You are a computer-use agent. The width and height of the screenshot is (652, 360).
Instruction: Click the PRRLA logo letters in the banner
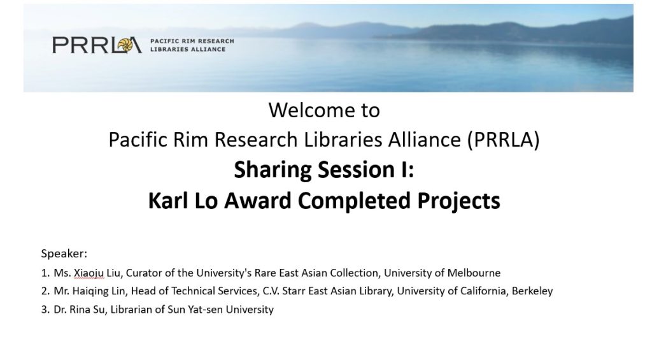[x=97, y=45]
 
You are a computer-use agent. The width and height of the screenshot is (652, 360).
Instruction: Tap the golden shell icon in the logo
[x=125, y=45]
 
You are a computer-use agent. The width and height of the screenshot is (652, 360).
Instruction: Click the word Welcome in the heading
[x=306, y=110]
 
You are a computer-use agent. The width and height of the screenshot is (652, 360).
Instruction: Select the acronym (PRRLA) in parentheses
[x=503, y=140]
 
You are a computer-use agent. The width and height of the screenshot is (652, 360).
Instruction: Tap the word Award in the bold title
[x=258, y=201]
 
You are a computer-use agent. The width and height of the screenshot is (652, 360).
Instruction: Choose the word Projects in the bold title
[x=458, y=201]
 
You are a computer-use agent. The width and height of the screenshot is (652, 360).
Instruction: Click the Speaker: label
[x=64, y=254]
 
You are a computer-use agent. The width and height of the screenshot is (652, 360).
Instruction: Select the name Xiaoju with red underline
[x=89, y=273]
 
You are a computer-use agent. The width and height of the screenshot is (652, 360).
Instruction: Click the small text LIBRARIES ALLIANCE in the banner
[x=188, y=49]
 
